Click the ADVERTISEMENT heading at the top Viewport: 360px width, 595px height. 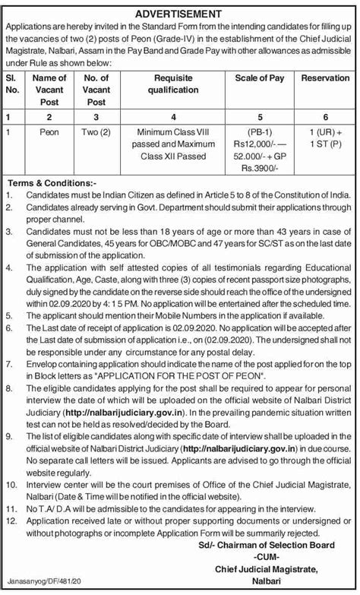(x=179, y=14)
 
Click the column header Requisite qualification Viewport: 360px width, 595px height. (x=173, y=84)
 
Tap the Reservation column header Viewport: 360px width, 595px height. (x=324, y=78)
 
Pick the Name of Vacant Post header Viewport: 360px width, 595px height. (x=49, y=89)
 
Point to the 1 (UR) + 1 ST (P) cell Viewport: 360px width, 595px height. (x=324, y=137)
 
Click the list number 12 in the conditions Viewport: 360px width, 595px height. (x=11, y=523)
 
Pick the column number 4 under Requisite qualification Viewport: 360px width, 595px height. (x=173, y=116)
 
